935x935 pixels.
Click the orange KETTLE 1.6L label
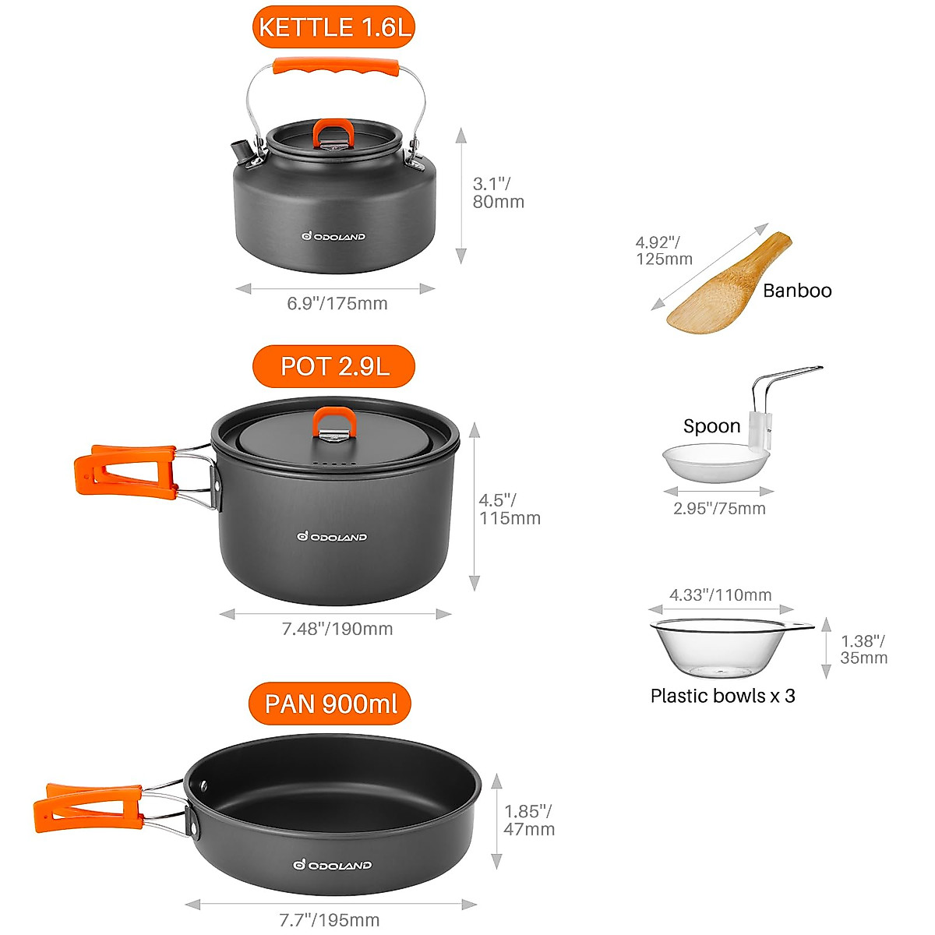[333, 28]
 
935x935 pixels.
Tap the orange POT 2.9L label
[333, 366]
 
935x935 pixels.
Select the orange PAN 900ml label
[330, 704]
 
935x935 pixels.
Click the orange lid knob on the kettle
[333, 131]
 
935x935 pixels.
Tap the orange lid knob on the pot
[335, 422]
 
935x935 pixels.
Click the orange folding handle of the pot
[125, 470]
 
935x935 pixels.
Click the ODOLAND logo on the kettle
[333, 236]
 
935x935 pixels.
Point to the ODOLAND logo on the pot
[332, 536]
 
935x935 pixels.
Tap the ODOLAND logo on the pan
[332, 865]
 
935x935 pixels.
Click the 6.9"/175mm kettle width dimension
[337, 304]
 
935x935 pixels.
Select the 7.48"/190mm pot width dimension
[337, 629]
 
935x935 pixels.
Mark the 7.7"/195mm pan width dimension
[329, 920]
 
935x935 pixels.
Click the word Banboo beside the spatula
[797, 291]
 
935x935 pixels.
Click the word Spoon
[711, 426]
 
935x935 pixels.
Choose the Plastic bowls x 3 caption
[722, 696]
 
